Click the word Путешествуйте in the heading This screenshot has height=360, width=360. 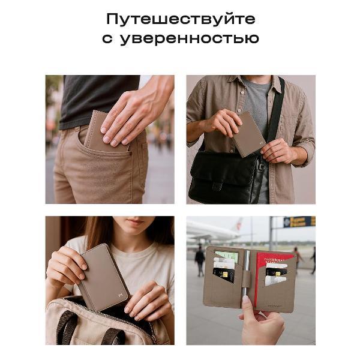pyautogui.click(x=180, y=19)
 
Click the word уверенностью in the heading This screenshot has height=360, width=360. pyautogui.click(x=189, y=39)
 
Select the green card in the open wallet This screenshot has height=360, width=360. pyautogui.click(x=226, y=256)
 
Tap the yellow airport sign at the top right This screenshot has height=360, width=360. pyautogui.click(x=299, y=221)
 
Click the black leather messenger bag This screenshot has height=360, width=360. pyautogui.click(x=225, y=177)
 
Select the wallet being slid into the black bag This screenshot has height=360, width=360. pyautogui.click(x=248, y=133)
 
